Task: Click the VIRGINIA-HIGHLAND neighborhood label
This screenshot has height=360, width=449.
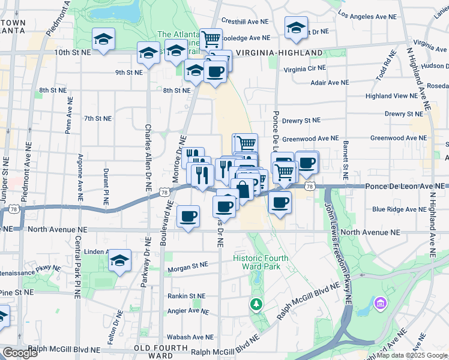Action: tap(279, 53)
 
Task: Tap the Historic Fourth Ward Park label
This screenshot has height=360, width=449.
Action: tap(261, 263)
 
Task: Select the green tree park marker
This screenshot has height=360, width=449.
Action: tap(256, 304)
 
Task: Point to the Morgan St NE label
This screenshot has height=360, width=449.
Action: tap(188, 265)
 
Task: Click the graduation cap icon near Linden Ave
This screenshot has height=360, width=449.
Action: tap(120, 260)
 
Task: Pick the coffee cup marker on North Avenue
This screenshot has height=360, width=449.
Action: tap(188, 216)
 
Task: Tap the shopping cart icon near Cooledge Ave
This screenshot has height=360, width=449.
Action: tap(211, 40)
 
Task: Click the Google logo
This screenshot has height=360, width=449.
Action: tap(20, 353)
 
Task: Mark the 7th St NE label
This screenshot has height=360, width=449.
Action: tap(98, 118)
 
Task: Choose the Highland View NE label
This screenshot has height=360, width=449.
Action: tap(391, 95)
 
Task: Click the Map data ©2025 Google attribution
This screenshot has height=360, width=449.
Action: tap(412, 355)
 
